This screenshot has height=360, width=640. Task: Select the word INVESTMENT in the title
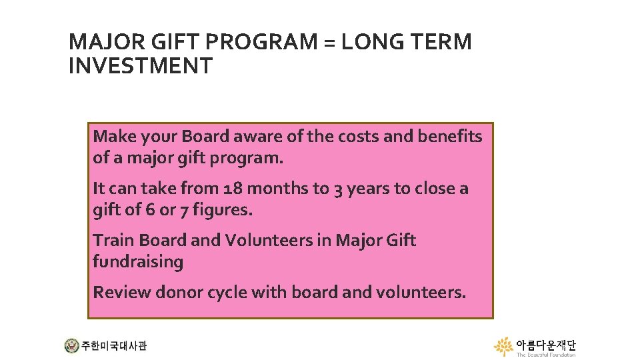[141, 67]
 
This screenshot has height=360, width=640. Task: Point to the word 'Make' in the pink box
[113, 137]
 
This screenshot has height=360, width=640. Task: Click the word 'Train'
[112, 240]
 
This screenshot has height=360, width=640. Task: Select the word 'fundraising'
[138, 262]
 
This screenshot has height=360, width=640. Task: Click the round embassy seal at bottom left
[71, 346]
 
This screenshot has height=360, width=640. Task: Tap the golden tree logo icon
[503, 347]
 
